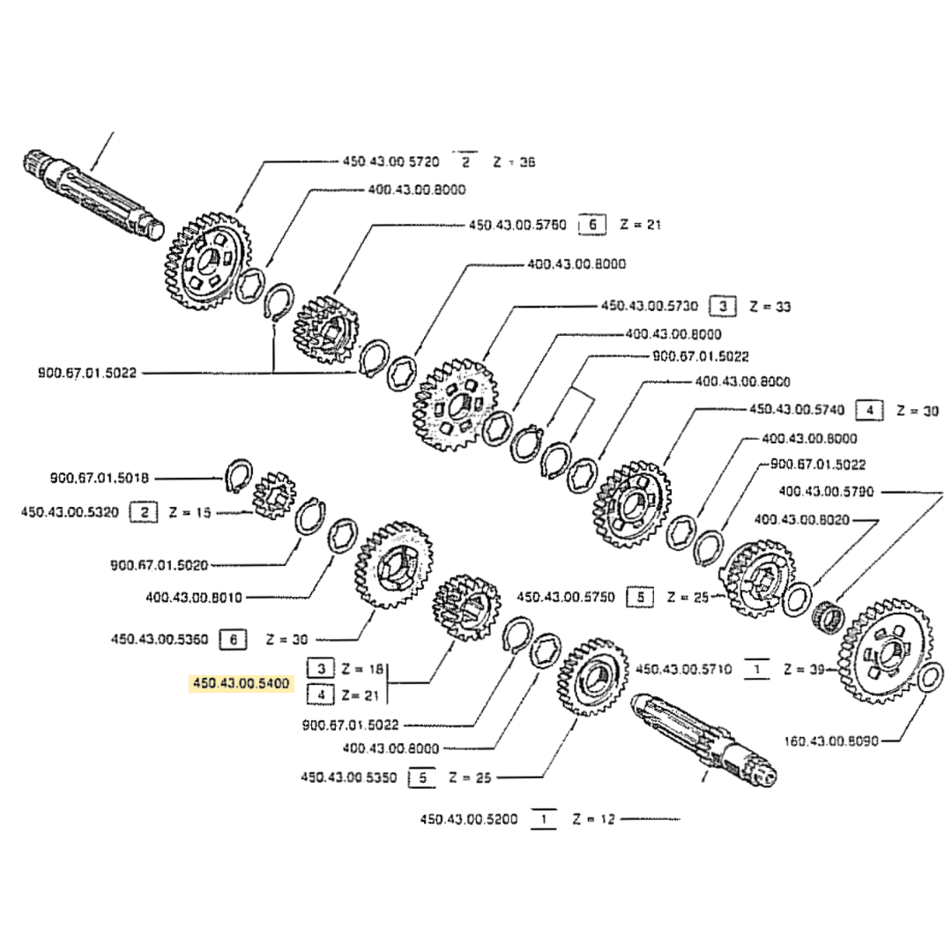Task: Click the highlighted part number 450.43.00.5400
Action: tap(241, 683)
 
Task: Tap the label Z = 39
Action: tap(803, 670)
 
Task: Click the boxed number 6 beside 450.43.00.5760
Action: tap(591, 226)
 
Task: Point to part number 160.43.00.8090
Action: tap(830, 741)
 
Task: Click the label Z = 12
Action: tap(593, 820)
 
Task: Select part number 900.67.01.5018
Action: tap(99, 478)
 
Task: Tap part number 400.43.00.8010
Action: tap(193, 597)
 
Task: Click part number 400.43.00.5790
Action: tap(825, 491)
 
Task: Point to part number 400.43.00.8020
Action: tap(802, 520)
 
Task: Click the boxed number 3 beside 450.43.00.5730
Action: tap(723, 307)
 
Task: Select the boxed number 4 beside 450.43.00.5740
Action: tap(870, 410)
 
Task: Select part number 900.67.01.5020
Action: tap(160, 564)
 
